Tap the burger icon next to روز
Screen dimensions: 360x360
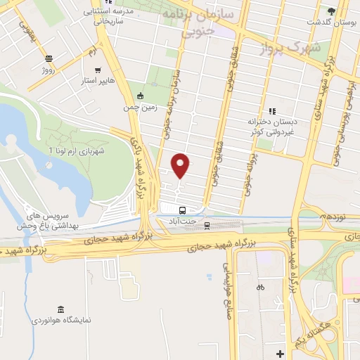[49, 59]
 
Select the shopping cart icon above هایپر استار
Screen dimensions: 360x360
[97, 70]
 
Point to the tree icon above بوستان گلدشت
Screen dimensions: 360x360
[331, 11]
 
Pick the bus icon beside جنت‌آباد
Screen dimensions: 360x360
[182, 210]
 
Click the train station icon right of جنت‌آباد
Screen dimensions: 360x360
[207, 225]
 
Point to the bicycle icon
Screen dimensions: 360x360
[259, 287]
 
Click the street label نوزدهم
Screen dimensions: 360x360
[331, 217]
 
